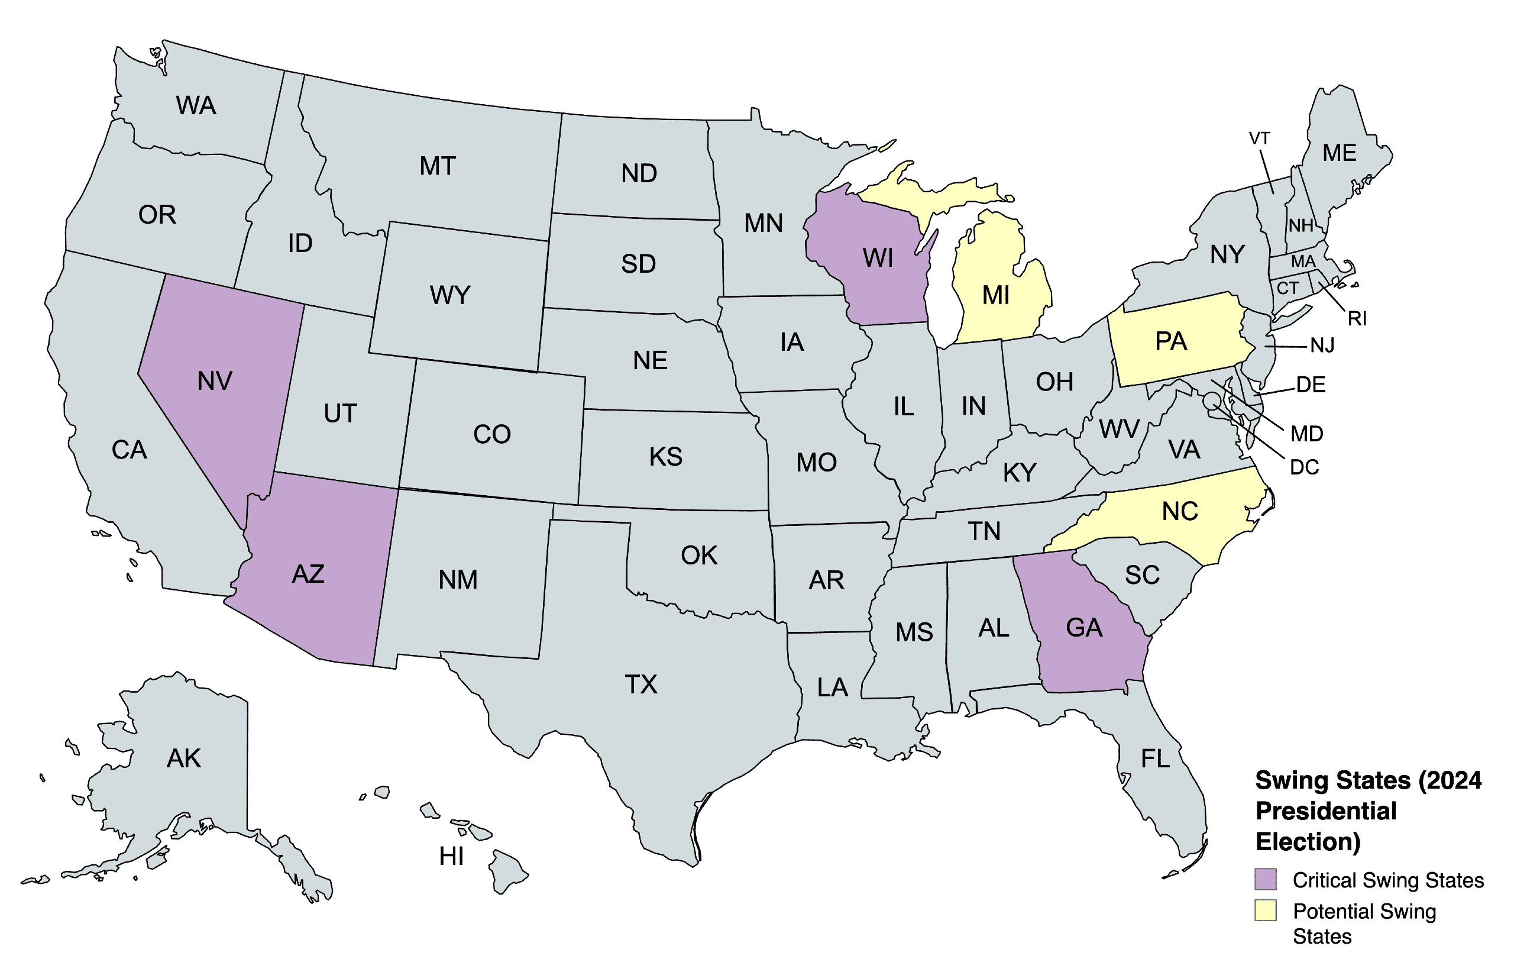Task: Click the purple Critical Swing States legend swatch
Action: coord(1266,879)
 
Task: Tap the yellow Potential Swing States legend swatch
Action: coord(1266,911)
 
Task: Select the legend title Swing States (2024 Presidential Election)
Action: coord(1368,811)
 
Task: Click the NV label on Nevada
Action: coord(215,381)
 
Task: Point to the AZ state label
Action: coord(308,574)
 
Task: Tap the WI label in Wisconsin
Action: coord(878,259)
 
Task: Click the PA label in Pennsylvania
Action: coord(1170,342)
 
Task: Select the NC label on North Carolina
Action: coord(1180,512)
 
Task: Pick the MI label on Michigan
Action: coord(996,295)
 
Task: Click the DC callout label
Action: coord(1304,467)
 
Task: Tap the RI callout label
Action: coord(1357,318)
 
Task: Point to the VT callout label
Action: coord(1259,138)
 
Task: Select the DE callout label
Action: coord(1311,385)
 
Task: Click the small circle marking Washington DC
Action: coord(1211,400)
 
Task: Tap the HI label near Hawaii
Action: coord(451,857)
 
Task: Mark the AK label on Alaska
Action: coord(183,758)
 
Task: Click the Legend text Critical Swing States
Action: coord(1387,880)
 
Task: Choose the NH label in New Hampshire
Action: coord(1301,225)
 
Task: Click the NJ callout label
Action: coord(1322,346)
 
